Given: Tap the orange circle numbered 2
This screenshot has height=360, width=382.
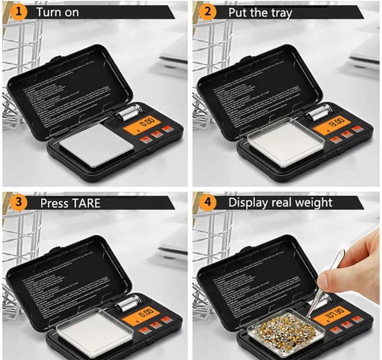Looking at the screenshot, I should (x=208, y=11).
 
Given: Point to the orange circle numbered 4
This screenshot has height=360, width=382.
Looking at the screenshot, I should (x=208, y=202).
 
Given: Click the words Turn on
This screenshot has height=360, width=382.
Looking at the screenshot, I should (x=57, y=12).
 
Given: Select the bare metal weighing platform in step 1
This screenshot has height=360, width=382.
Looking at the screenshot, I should (x=95, y=145).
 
